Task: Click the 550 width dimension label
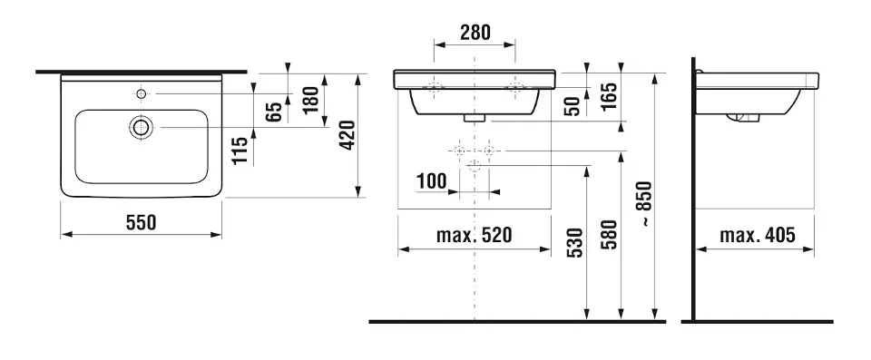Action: coord(142,223)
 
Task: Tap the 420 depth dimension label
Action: coord(347,135)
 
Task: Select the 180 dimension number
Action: coord(313,100)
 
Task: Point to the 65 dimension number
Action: coord(273,112)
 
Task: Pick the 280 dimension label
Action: coord(475,33)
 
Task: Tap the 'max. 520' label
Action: coord(474,236)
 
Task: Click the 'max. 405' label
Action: coord(757,236)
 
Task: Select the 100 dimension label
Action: coord(432,181)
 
